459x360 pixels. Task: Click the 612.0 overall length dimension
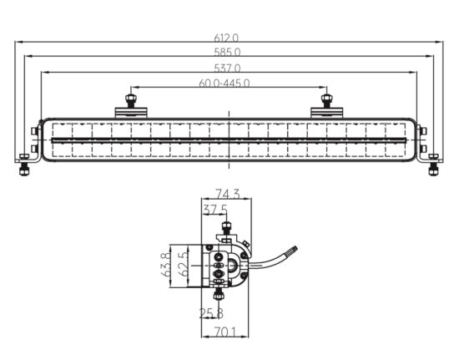(226, 38)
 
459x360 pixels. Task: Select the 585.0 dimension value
(228, 52)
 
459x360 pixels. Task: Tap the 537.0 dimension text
(228, 68)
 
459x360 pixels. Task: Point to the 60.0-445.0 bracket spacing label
(224, 84)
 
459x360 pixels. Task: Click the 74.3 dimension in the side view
(228, 194)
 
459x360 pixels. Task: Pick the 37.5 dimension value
(215, 210)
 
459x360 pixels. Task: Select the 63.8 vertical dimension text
(166, 265)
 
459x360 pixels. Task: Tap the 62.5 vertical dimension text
(184, 265)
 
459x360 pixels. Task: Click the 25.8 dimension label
(211, 313)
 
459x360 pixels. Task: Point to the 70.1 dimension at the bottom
(224, 332)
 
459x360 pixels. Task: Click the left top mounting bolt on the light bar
(130, 101)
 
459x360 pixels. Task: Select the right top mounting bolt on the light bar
(326, 101)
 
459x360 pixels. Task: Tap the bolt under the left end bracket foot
(23, 170)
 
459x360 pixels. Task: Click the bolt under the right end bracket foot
(433, 170)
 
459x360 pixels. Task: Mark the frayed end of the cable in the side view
(294, 251)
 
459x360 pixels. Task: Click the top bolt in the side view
(226, 228)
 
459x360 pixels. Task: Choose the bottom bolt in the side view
(219, 293)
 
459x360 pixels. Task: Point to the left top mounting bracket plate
(130, 113)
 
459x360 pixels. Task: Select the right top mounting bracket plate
(326, 113)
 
